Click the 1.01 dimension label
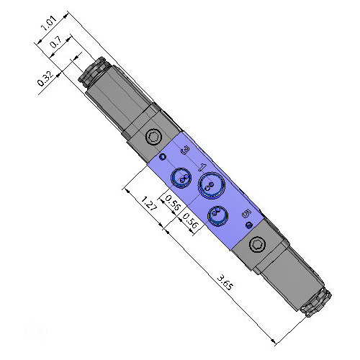tap(49, 23)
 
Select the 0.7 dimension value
tap(55, 42)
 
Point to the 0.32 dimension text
tap(45, 79)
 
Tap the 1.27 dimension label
tap(149, 204)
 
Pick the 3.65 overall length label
tap(225, 283)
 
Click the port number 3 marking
tap(185, 150)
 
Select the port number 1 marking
tap(202, 167)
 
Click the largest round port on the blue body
tap(212, 185)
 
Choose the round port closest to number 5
tap(217, 216)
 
